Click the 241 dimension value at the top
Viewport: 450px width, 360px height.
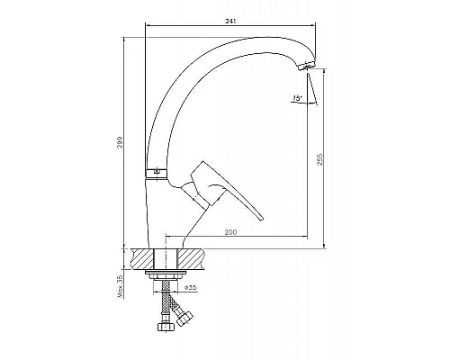(230, 22)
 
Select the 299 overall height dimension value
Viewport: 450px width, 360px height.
(120, 143)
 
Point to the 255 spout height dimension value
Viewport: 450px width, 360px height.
(319, 159)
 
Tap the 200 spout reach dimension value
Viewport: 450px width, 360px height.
(230, 232)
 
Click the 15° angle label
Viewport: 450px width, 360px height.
(297, 98)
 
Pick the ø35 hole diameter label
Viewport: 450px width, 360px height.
(190, 287)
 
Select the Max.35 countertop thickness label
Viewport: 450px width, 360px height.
(121, 286)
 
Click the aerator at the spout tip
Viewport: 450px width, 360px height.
(306, 65)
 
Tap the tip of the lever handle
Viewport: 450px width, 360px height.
(261, 219)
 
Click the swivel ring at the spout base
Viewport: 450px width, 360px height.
(156, 173)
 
